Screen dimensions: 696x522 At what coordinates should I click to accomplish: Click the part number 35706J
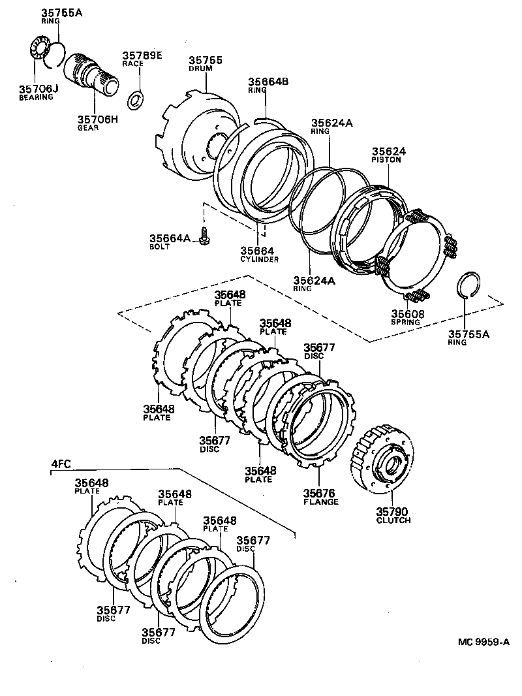pyautogui.click(x=38, y=89)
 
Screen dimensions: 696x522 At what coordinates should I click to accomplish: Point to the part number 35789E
pyautogui.click(x=141, y=55)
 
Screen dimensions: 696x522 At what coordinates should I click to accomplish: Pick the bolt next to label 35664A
pyautogui.click(x=204, y=236)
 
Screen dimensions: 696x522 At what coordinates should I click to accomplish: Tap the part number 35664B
pyautogui.click(x=268, y=82)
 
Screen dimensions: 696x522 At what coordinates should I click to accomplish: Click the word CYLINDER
pyautogui.click(x=259, y=259)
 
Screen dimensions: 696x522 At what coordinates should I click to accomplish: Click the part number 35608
pyautogui.click(x=408, y=313)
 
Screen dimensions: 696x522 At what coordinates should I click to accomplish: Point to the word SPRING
pyautogui.click(x=406, y=322)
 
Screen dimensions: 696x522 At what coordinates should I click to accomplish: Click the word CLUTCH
pyautogui.click(x=393, y=520)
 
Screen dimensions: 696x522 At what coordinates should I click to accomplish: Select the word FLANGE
pyautogui.click(x=320, y=502)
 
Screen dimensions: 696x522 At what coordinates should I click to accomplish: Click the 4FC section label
pyautogui.click(x=61, y=465)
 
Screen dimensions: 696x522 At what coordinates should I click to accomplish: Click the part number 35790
pyautogui.click(x=393, y=511)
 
